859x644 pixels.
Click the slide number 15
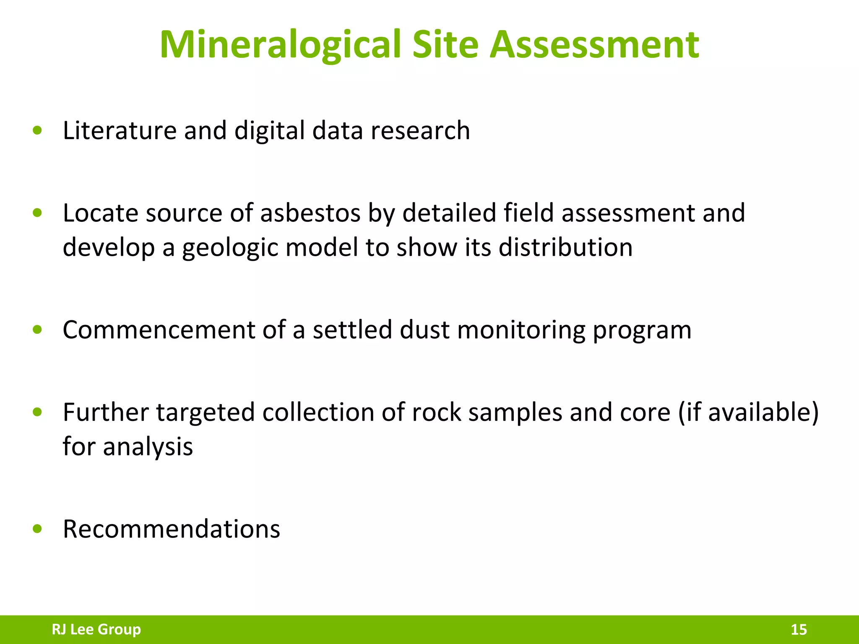799,629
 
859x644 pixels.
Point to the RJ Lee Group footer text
96,629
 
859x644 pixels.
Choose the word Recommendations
171,529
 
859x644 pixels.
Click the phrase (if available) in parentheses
748,412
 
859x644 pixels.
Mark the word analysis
148,447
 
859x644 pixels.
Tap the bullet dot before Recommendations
37,529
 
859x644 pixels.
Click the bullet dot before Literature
37,130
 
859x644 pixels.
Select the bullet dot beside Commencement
37,330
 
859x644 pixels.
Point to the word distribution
565,247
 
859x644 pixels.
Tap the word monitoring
521,330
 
